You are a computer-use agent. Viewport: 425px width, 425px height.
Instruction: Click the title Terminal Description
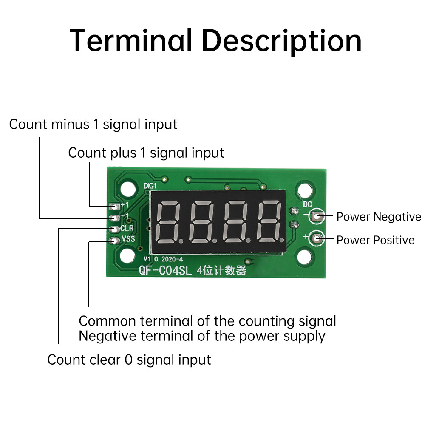pyautogui.click(x=216, y=41)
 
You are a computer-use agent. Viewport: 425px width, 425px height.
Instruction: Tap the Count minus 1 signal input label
pyautogui.click(x=93, y=125)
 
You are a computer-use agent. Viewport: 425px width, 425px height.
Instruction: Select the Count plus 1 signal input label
pyautogui.click(x=146, y=153)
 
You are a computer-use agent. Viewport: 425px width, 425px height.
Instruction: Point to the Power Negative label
pyautogui.click(x=379, y=217)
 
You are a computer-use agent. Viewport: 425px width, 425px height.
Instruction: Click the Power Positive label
pyautogui.click(x=375, y=240)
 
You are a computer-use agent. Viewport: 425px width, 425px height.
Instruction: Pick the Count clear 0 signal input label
pyautogui.click(x=129, y=360)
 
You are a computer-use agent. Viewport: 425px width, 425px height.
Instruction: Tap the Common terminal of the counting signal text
pyautogui.click(x=207, y=321)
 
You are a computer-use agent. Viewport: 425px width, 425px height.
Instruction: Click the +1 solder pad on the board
pyautogui.click(x=114, y=207)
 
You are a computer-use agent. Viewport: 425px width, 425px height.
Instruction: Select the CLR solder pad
pyautogui.click(x=114, y=229)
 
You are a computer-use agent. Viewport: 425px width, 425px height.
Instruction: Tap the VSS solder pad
pyautogui.click(x=114, y=241)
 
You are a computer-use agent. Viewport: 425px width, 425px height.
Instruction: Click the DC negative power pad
pyautogui.click(x=317, y=216)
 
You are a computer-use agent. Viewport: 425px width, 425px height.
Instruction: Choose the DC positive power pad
pyautogui.click(x=317, y=238)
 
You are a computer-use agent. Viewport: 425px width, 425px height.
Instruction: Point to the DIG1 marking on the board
pyautogui.click(x=150, y=186)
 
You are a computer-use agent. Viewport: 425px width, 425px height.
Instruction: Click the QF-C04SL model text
pyautogui.click(x=165, y=270)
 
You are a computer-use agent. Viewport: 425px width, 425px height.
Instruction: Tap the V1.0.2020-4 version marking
pyautogui.click(x=163, y=259)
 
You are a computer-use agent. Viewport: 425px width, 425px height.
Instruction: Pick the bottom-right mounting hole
pyautogui.click(x=304, y=257)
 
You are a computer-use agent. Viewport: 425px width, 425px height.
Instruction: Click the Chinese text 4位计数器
pyautogui.click(x=222, y=270)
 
